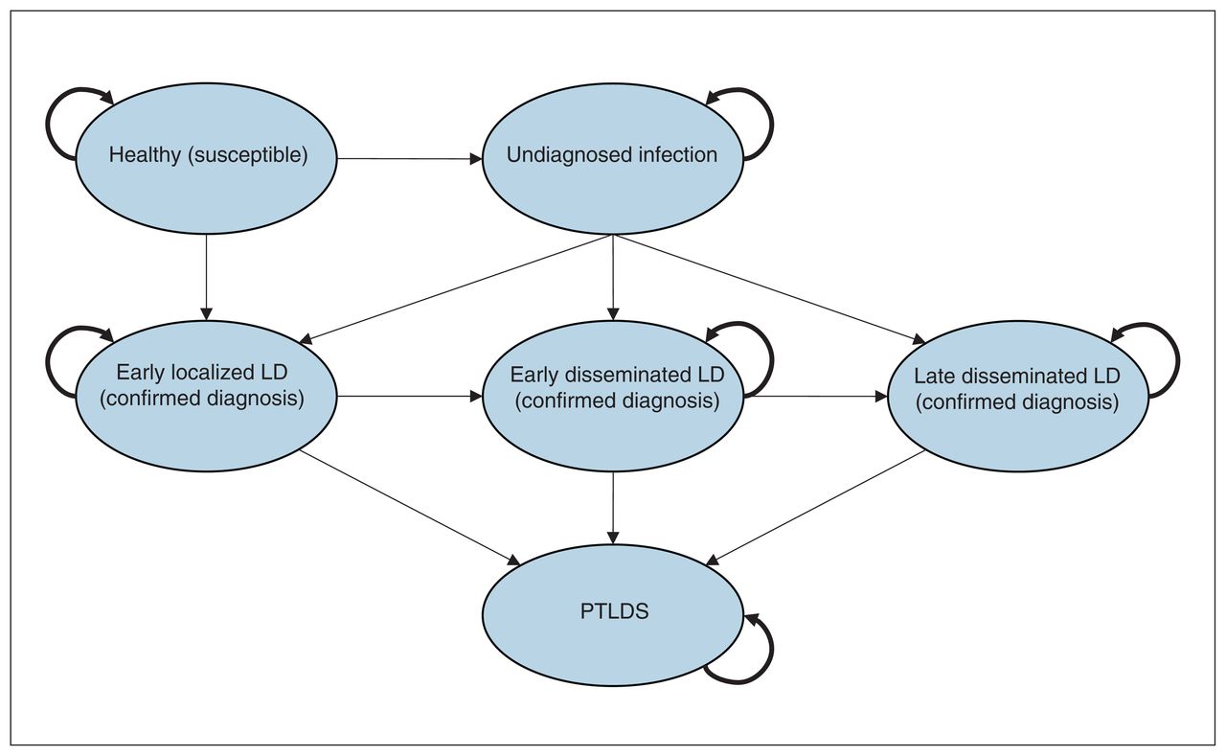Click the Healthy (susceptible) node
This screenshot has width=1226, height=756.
(x=206, y=159)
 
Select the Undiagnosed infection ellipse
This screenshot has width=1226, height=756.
(x=612, y=159)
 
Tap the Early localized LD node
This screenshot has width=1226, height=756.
(x=206, y=396)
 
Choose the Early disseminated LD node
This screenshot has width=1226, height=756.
(x=612, y=396)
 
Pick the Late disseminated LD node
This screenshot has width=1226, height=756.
(x=1017, y=396)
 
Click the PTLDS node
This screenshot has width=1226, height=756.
(x=612, y=615)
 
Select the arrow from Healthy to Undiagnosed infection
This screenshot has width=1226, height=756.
(x=409, y=159)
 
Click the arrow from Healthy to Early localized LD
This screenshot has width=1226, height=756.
(x=206, y=278)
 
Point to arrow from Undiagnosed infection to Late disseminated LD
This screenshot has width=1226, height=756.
(x=769, y=289)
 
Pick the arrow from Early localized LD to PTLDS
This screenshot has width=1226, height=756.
(x=410, y=507)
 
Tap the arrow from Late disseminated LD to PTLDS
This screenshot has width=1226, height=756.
(x=815, y=507)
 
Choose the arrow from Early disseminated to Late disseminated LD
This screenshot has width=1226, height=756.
(x=815, y=397)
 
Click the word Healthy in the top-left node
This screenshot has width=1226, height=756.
(x=145, y=155)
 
